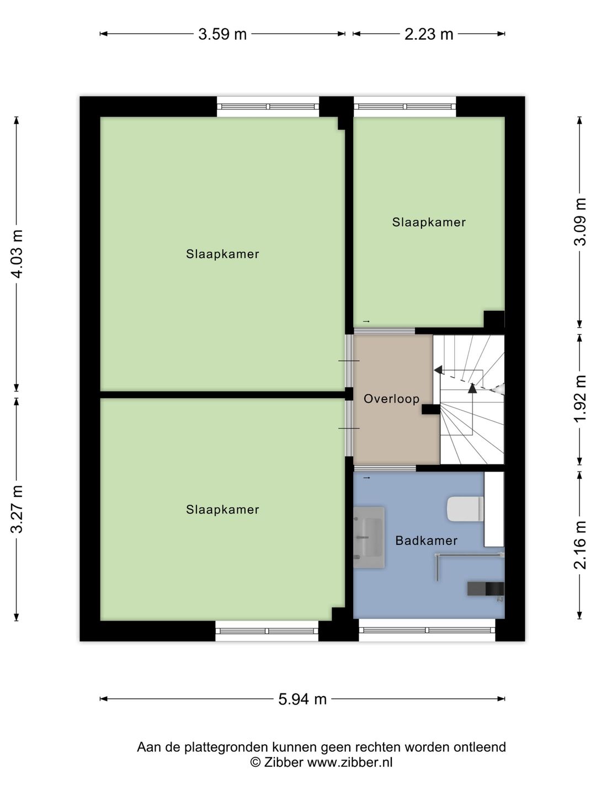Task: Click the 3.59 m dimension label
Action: coord(222,34)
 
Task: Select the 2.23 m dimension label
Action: coord(429,34)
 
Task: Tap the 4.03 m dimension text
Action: coord(17,254)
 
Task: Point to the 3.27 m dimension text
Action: coord(17,509)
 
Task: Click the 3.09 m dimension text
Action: coord(580,221)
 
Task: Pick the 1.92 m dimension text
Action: coord(580,399)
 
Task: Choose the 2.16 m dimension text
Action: coord(580,545)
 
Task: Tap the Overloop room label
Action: coord(392,399)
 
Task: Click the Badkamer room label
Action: coord(426,540)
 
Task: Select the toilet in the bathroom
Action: coord(465,509)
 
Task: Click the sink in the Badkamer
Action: coord(369,537)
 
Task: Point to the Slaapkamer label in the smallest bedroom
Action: coord(429,222)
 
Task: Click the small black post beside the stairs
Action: coord(430,409)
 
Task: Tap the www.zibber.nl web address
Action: coord(349,762)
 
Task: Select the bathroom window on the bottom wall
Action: coord(427,630)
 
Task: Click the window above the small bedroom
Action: coord(405,107)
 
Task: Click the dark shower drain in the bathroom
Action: coord(485,589)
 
